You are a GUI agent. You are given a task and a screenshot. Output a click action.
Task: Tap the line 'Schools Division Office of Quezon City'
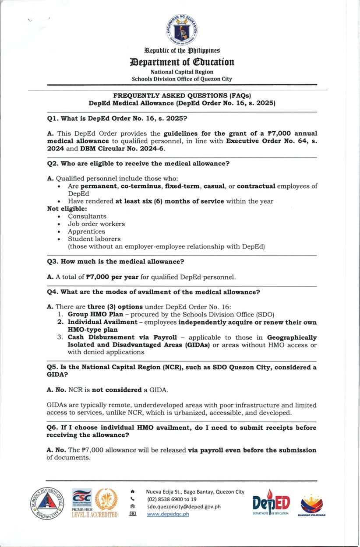pyautogui.click(x=182, y=79)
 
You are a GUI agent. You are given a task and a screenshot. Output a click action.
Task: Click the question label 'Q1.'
pyautogui.click(x=53, y=118)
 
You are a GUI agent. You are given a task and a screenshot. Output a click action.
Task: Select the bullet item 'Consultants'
pyautogui.click(x=87, y=216)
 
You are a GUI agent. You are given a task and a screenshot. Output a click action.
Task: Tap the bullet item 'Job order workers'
pyautogui.click(x=96, y=224)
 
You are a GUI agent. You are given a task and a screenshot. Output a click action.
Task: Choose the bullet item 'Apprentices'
pyautogui.click(x=86, y=231)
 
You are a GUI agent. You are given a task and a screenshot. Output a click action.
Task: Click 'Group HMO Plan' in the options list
pyautogui.click(x=93, y=315)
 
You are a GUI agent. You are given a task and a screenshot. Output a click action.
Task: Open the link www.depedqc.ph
pyautogui.click(x=168, y=514)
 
